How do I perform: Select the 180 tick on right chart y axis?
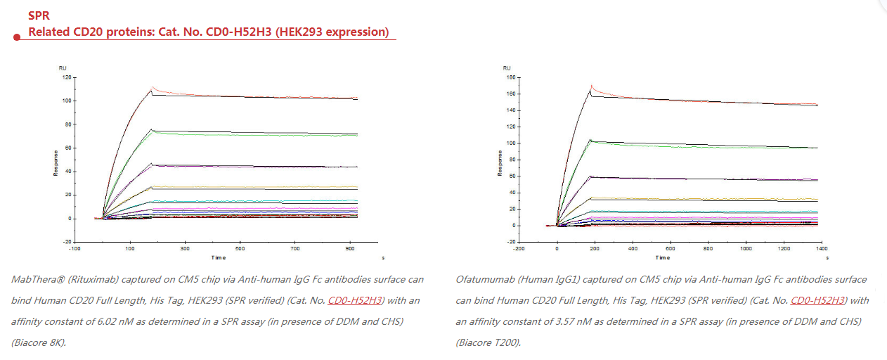pos(510,77)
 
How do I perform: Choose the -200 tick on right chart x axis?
pos(519,249)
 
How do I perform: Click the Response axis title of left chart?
pos(56,160)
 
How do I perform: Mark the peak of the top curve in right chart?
pos(592,86)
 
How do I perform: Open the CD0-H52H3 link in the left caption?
pos(355,300)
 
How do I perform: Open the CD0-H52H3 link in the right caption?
pos(817,300)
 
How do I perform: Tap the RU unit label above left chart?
pos(63,67)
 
